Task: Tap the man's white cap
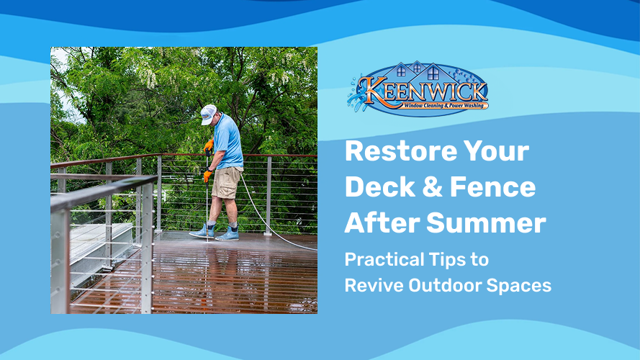click(x=208, y=112)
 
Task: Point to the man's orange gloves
click(x=207, y=175)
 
